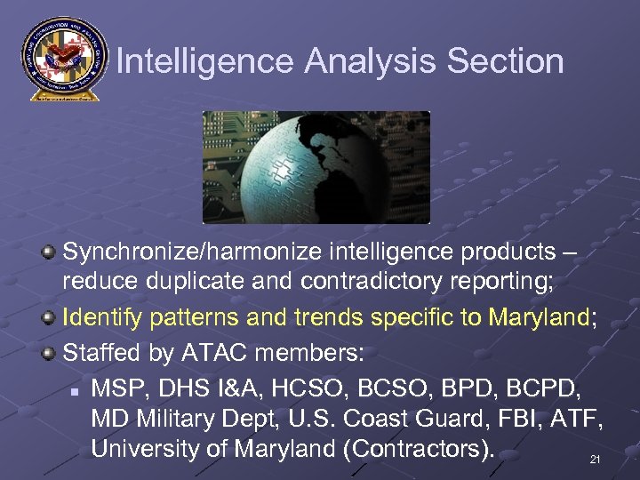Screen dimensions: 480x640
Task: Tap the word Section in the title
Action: click(x=506, y=61)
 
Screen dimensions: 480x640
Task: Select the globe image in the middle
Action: click(x=316, y=167)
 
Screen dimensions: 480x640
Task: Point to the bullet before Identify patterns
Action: click(x=51, y=318)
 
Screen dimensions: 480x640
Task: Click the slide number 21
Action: click(x=595, y=460)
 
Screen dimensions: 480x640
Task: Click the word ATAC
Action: click(x=218, y=352)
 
